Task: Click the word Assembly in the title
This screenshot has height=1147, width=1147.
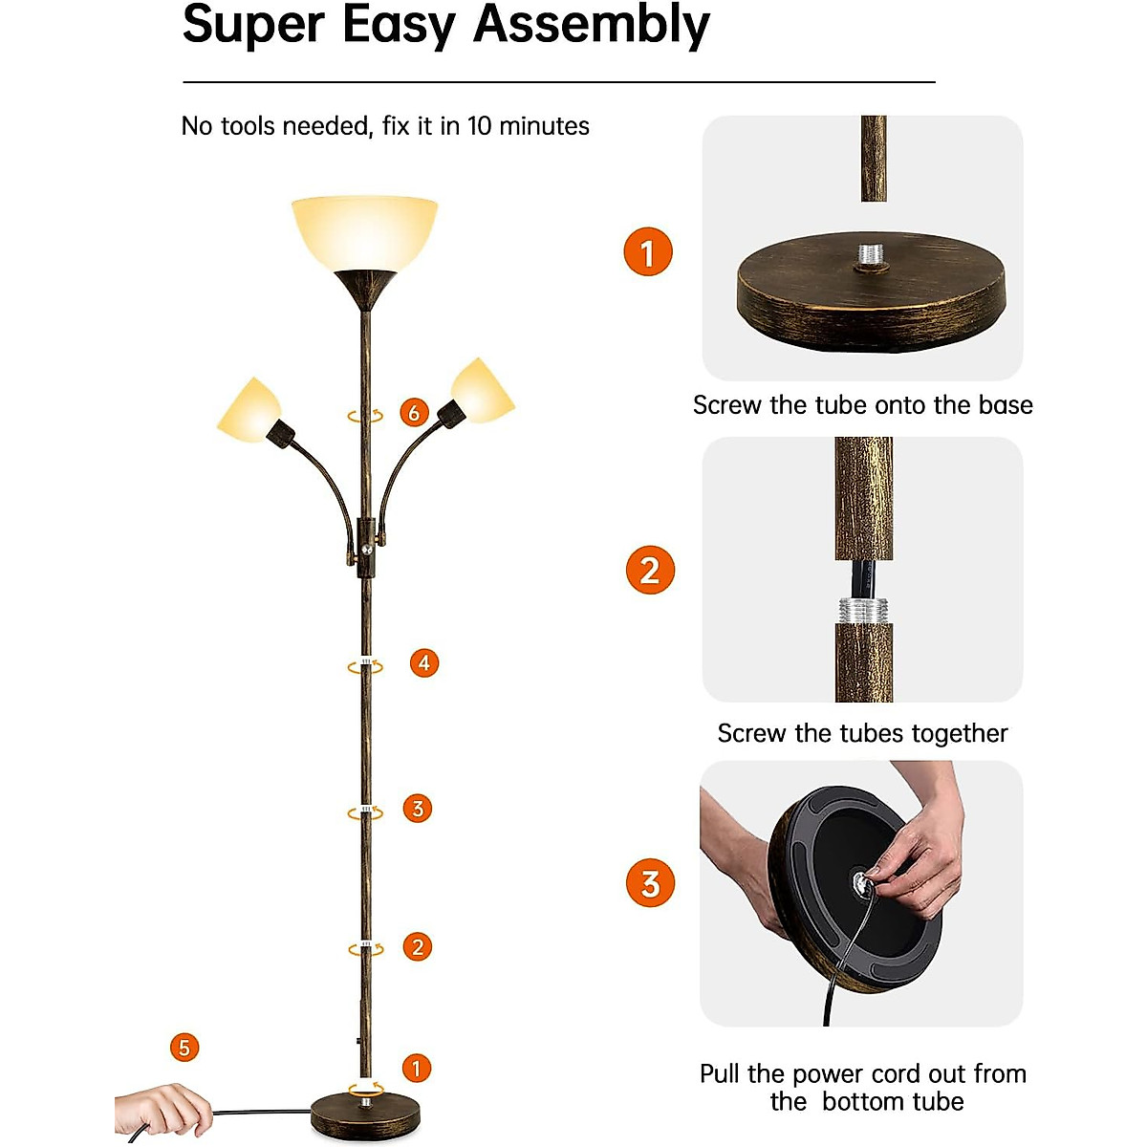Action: [x=592, y=26]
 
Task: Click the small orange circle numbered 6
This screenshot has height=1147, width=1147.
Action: [x=414, y=413]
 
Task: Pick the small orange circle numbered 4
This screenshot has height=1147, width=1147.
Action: [x=424, y=662]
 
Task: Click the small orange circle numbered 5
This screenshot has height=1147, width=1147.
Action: [x=184, y=1048]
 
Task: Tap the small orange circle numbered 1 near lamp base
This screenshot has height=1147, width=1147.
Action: [x=416, y=1068]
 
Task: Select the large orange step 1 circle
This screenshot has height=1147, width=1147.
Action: [x=648, y=252]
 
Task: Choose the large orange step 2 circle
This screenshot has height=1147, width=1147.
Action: [x=650, y=571]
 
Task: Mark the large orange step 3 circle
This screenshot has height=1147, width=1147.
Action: [x=650, y=884]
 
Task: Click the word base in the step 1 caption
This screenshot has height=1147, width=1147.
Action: [x=1005, y=405]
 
